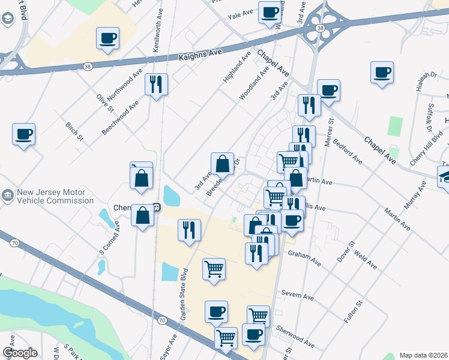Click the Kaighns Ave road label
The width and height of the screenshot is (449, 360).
200,54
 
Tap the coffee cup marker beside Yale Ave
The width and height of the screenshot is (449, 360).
270,12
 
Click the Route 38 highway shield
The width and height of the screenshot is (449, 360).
321,28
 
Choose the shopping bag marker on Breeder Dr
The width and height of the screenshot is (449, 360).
222,163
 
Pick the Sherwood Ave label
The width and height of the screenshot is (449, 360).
295,336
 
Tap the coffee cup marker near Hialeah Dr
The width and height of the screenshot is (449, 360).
382,72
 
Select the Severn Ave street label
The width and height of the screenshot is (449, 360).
298,297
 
